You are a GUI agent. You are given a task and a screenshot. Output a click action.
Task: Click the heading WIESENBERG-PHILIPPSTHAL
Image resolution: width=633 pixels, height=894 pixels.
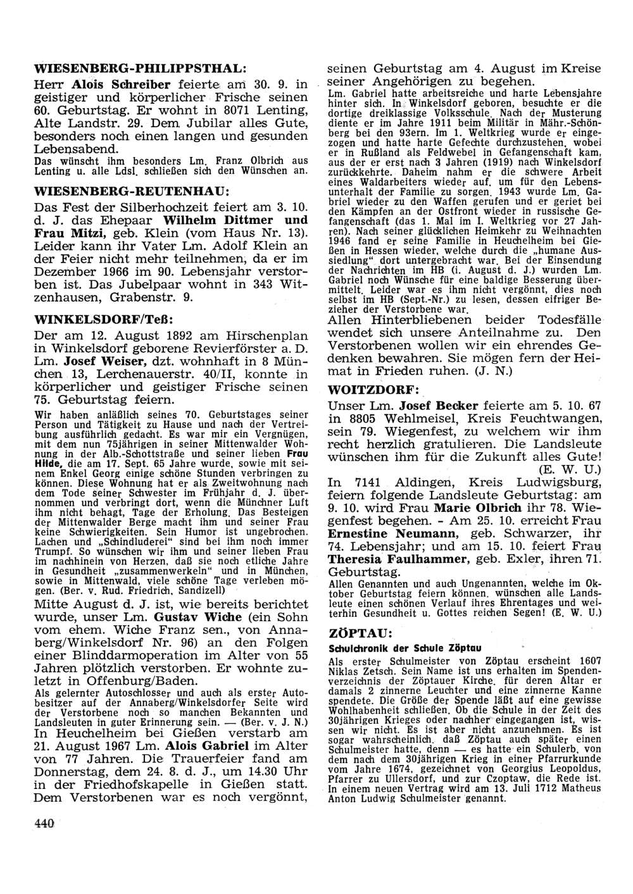(139, 68)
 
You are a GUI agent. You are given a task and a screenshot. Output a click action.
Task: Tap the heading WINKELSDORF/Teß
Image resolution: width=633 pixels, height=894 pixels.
(103, 316)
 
